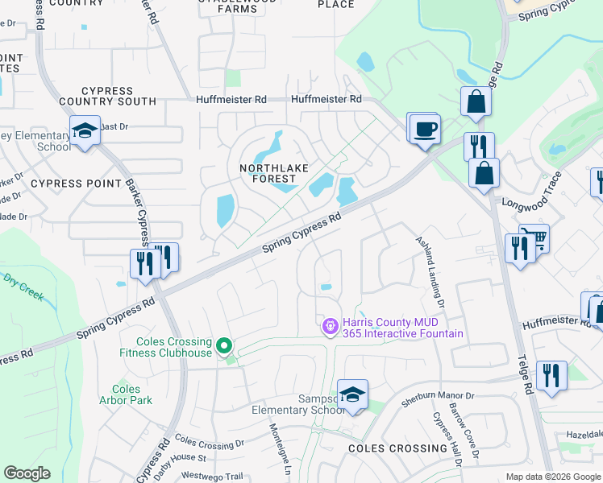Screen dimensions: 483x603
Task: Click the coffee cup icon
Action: pyautogui.click(x=425, y=129)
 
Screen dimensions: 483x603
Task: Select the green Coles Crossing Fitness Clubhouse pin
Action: pyautogui.click(x=225, y=347)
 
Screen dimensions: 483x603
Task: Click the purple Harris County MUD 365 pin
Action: pyautogui.click(x=329, y=327)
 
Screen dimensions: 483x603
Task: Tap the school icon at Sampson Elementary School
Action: pyautogui.click(x=352, y=394)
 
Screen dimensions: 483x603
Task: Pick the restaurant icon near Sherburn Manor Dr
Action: pyautogui.click(x=551, y=376)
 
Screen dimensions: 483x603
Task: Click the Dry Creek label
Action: pyautogui.click(x=23, y=287)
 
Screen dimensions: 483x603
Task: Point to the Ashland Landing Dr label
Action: pyautogui.click(x=430, y=272)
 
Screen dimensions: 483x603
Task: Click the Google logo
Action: pyautogui.click(x=27, y=473)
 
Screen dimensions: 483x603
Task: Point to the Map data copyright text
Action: pyautogui.click(x=552, y=477)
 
